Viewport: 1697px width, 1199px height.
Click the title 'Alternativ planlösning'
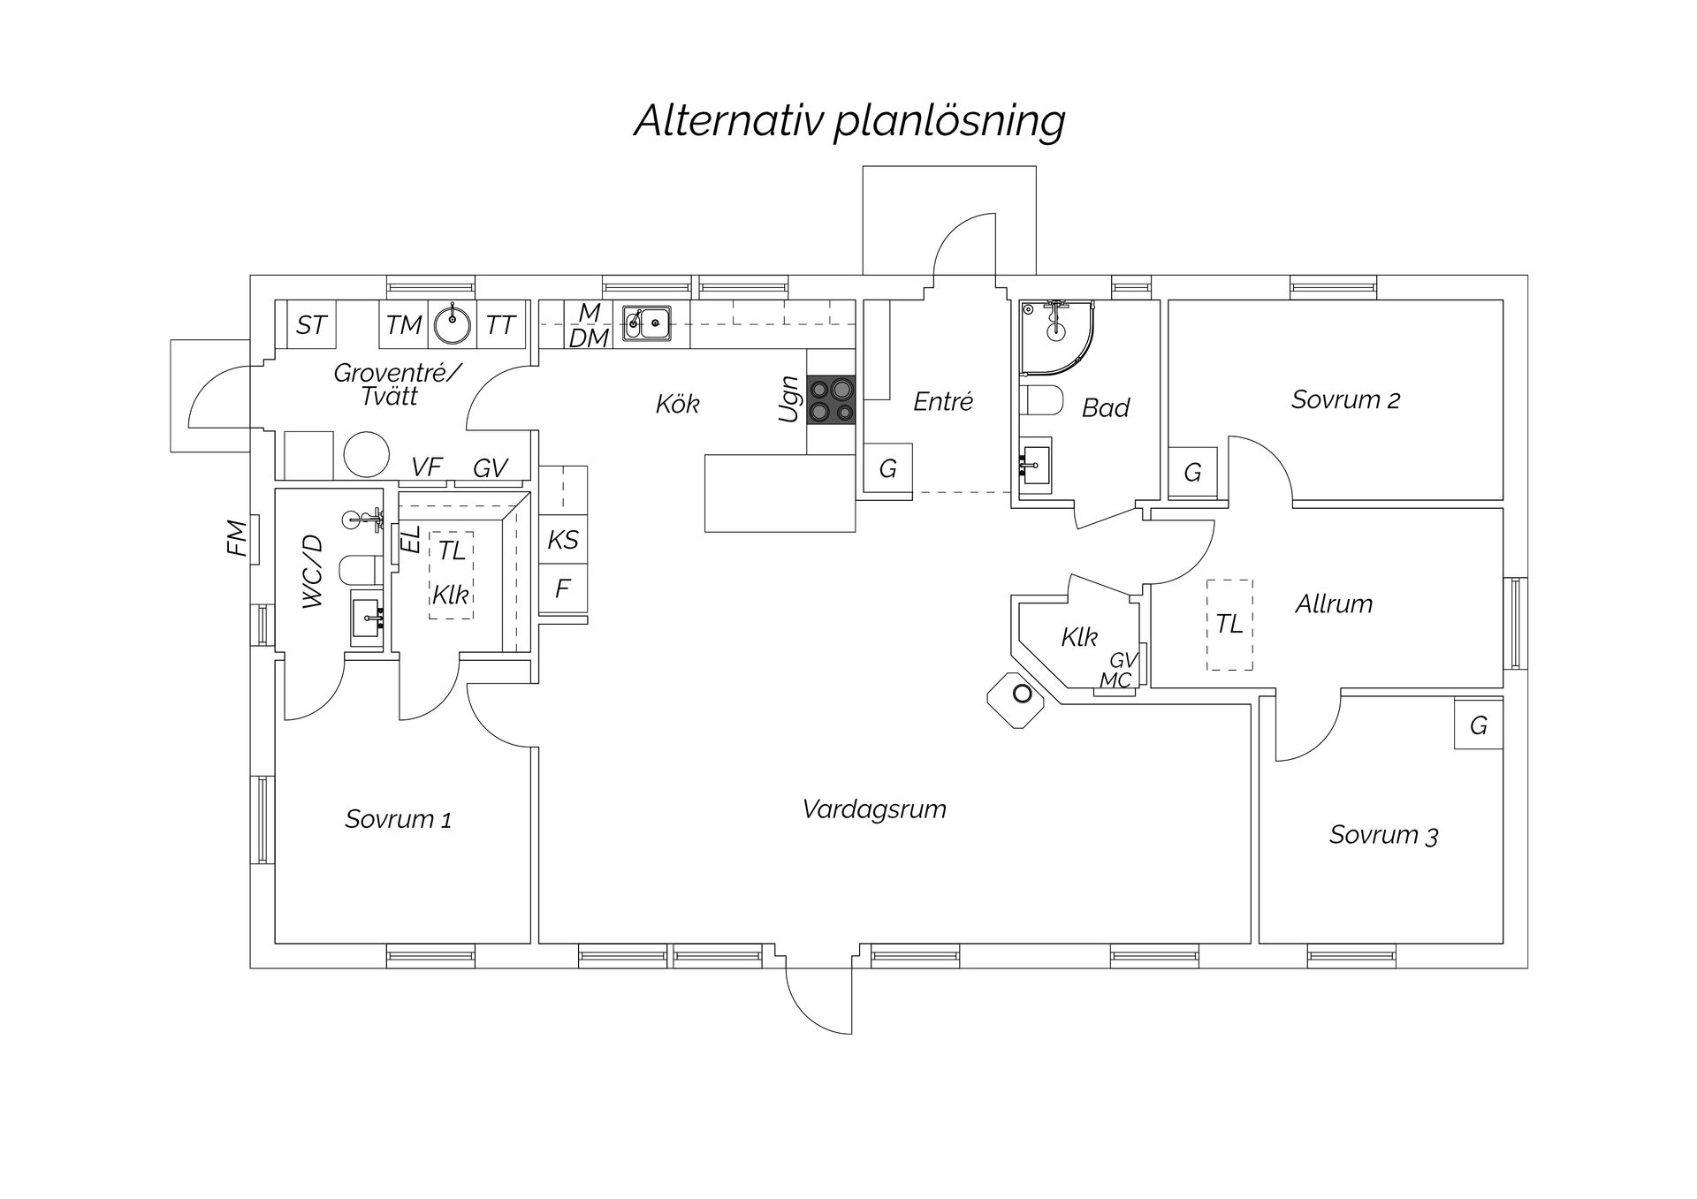pos(849,121)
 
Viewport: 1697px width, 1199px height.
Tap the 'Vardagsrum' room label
pos(874,809)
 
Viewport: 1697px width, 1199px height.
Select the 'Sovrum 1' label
pos(398,819)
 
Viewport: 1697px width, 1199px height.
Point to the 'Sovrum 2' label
pos(1345,399)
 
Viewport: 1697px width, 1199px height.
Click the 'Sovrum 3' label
pos(1383,835)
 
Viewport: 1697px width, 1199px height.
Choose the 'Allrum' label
pos(1334,604)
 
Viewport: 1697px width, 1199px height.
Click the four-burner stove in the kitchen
pos(831,399)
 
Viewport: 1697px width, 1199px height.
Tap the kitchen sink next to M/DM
pos(646,323)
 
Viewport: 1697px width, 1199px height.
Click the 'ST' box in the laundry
pos(310,325)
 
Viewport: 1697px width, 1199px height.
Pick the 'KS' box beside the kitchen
pos(563,540)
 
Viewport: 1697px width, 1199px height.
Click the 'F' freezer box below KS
pos(563,588)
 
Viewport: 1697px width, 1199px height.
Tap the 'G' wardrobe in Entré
pos(887,468)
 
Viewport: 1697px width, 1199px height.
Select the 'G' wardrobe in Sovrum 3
pos(1478,725)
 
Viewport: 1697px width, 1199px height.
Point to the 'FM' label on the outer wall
pos(236,538)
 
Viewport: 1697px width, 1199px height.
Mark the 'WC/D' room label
pos(314,572)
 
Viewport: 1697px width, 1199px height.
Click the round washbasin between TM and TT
pos(453,324)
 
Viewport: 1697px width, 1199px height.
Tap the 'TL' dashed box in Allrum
pos(1229,624)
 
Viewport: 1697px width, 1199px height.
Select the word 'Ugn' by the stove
pos(788,399)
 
